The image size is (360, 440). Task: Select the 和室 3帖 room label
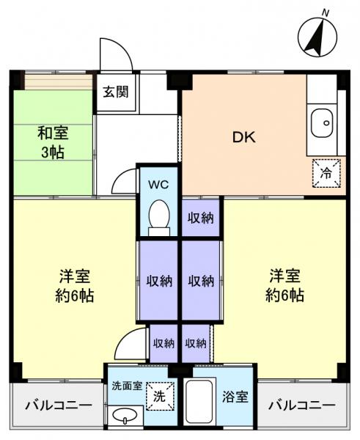coord(52,142)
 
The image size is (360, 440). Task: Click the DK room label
coord(243,137)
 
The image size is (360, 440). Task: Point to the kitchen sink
coord(322,125)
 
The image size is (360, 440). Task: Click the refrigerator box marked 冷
coord(326,173)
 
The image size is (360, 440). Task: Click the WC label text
coord(158,184)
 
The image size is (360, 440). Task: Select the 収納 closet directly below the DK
coord(199,217)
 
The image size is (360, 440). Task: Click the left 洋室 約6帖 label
coord(76,287)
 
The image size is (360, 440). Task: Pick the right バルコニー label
coord(300,406)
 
